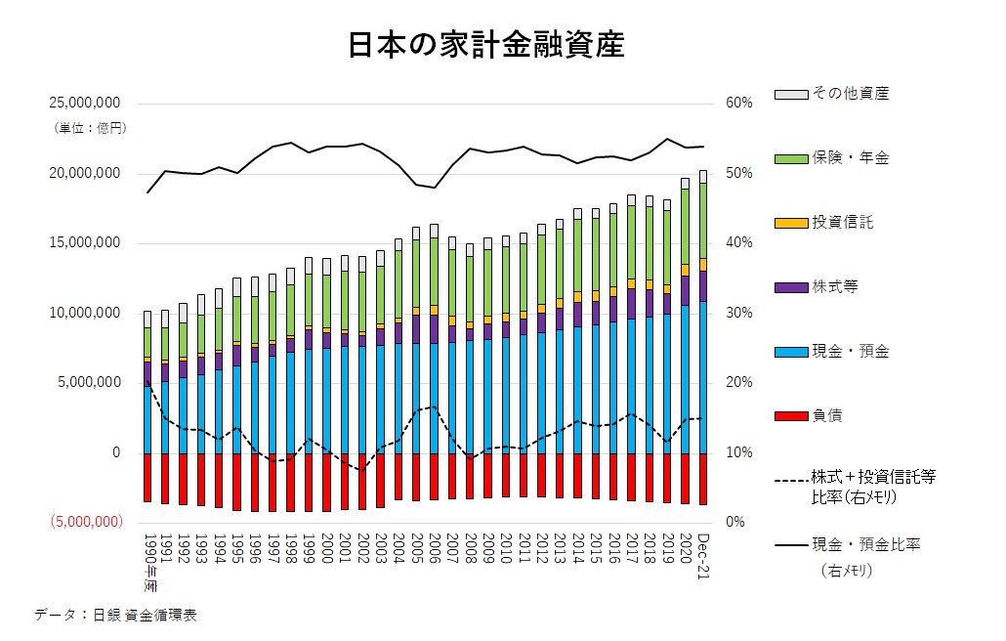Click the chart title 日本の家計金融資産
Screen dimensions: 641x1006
(485, 45)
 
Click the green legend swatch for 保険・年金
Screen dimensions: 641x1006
(790, 158)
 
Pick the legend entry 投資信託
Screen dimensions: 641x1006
(842, 222)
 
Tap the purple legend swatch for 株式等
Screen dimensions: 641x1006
(790, 287)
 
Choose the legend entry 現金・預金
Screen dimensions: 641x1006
(851, 351)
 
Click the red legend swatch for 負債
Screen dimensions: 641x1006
(790, 416)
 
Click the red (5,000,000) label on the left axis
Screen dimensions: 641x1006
(85, 523)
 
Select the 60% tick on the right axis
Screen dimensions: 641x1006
(739, 104)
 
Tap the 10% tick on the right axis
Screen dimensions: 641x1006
(739, 453)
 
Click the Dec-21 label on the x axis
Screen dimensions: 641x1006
(703, 557)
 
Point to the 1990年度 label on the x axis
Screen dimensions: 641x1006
(148, 562)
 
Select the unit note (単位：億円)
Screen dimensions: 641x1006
(90, 127)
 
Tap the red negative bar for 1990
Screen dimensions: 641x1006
(147, 478)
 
